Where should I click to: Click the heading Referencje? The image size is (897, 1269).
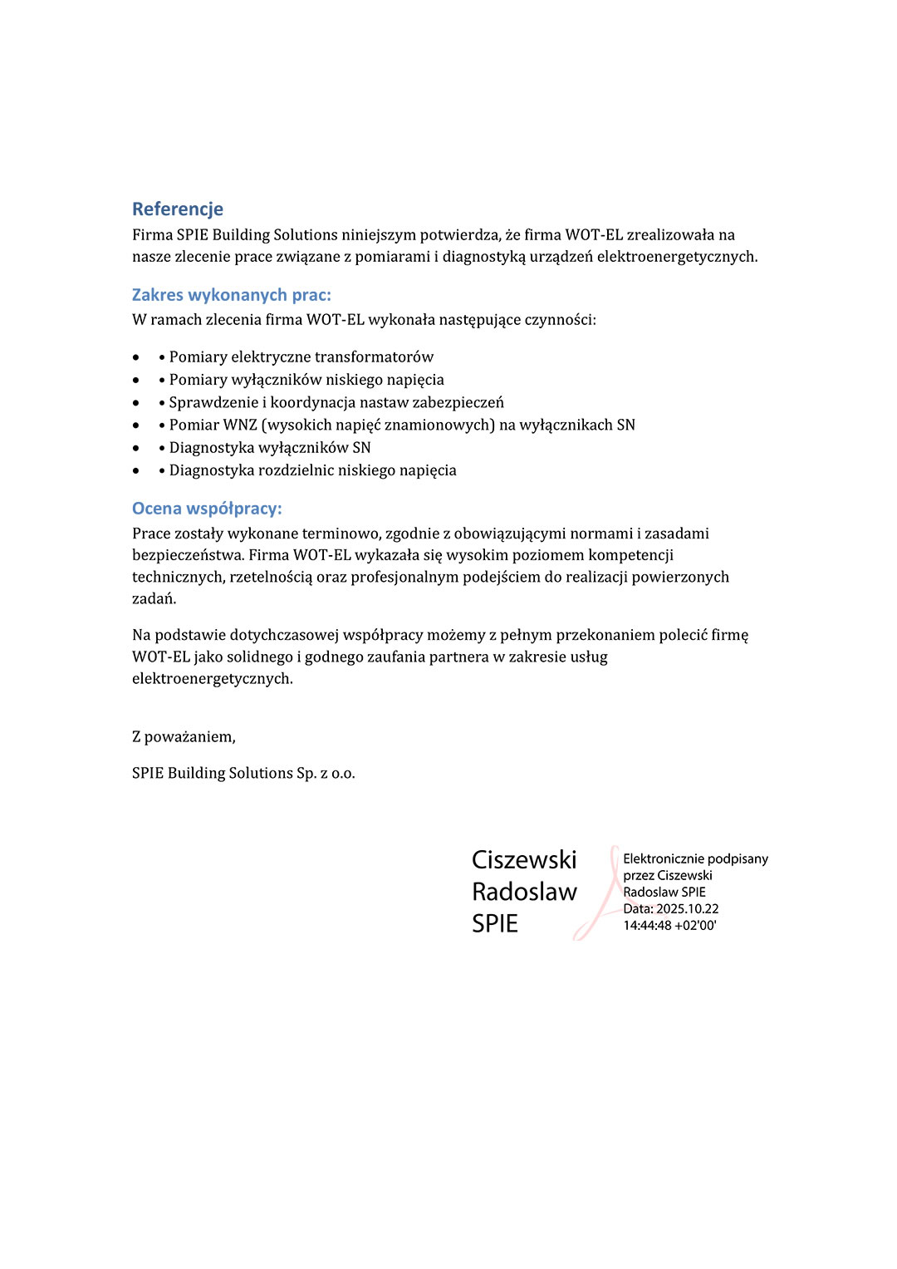[178, 209]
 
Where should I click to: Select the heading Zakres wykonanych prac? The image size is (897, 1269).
[231, 295]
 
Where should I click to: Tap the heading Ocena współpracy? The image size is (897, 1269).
[207, 509]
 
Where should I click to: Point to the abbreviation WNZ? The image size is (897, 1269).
[240, 425]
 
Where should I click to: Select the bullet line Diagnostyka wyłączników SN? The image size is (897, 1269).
[269, 448]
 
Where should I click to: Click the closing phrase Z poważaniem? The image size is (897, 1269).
[184, 737]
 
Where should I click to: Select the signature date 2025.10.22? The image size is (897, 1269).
[687, 909]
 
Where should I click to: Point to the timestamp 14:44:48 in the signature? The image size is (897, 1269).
[647, 926]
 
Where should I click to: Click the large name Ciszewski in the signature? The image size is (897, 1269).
[524, 859]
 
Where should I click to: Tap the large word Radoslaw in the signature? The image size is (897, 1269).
[524, 892]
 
